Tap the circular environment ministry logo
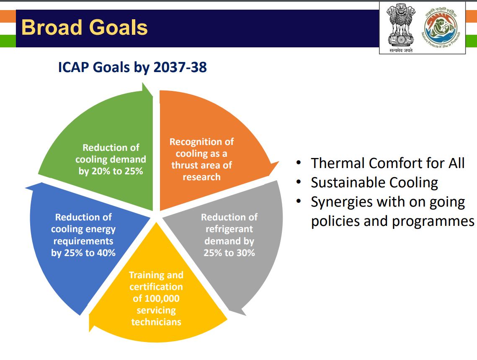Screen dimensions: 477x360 coord(441,27)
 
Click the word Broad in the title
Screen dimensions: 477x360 coord(52,27)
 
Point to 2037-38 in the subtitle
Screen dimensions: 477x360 coord(180,67)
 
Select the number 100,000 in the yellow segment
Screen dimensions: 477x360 coord(162,298)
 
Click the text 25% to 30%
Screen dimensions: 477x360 coord(229,253)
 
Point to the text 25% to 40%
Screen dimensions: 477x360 coord(90,253)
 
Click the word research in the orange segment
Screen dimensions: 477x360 coord(201,177)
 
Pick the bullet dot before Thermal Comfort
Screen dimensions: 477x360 coord(299,163)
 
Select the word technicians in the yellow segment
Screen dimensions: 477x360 coord(156,322)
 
